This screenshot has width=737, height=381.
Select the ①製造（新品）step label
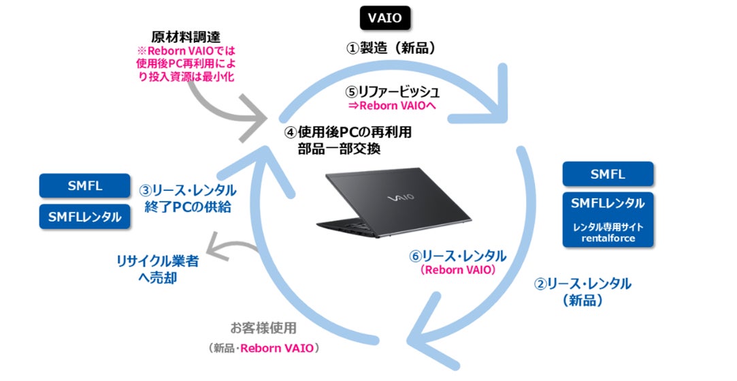386,48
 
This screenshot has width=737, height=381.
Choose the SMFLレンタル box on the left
85,217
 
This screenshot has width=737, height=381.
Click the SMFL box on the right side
608,174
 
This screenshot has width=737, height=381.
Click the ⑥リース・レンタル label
457,256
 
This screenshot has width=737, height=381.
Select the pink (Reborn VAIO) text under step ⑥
457,271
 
